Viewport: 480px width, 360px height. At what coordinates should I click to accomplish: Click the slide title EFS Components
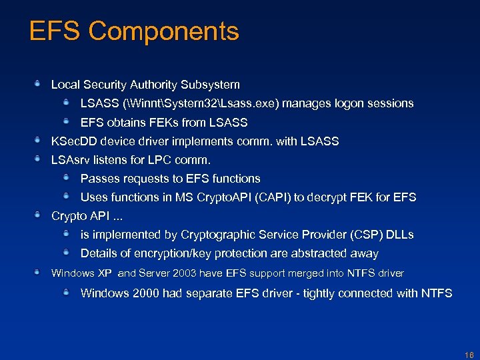click(x=134, y=31)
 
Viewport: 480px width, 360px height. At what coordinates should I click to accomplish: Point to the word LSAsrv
click(x=71, y=160)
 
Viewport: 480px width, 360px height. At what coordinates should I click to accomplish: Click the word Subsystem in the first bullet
click(x=212, y=85)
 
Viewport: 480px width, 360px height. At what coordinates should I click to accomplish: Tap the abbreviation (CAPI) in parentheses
click(x=272, y=197)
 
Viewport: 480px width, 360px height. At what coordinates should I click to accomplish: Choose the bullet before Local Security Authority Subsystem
click(x=38, y=84)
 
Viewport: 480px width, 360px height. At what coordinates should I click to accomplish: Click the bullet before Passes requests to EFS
click(x=67, y=177)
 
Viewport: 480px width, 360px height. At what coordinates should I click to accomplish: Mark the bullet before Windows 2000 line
click(x=67, y=292)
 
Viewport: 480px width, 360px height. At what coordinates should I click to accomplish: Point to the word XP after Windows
click(x=105, y=273)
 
